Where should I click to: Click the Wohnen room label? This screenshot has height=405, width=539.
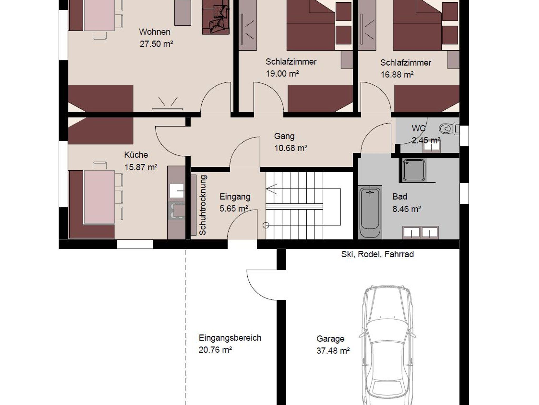pyautogui.click(x=154, y=32)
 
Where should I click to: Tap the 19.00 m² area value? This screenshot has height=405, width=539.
pyautogui.click(x=282, y=73)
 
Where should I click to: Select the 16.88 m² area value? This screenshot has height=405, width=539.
pyautogui.click(x=397, y=75)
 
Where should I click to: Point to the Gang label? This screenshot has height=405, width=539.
pyautogui.click(x=284, y=136)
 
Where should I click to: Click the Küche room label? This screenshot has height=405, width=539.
pyautogui.click(x=136, y=155)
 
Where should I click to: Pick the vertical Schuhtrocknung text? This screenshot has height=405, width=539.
pyautogui.click(x=203, y=205)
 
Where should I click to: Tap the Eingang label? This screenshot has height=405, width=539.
pyautogui.click(x=235, y=197)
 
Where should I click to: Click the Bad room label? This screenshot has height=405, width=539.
pyautogui.click(x=400, y=196)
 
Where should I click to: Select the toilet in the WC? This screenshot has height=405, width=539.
pyautogui.click(x=449, y=129)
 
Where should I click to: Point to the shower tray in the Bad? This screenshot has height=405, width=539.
pyautogui.click(x=414, y=170)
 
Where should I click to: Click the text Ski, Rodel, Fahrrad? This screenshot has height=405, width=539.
pyautogui.click(x=377, y=254)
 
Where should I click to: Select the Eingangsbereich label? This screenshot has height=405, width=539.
pyautogui.click(x=230, y=338)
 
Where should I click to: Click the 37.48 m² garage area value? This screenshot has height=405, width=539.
pyautogui.click(x=333, y=351)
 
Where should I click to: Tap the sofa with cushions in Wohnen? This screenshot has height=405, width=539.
pyautogui.click(x=216, y=17)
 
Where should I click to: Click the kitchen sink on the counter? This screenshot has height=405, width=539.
pyautogui.click(x=177, y=191)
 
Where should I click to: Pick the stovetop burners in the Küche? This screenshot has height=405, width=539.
pyautogui.click(x=176, y=211)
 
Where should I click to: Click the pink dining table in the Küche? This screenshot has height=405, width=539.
pyautogui.click(x=99, y=197)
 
